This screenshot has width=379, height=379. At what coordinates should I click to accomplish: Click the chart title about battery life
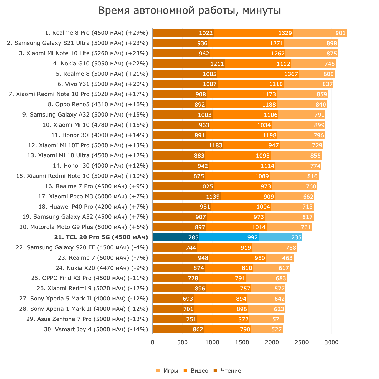(x=189, y=11)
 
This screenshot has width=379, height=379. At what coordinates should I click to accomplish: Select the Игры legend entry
(x=168, y=371)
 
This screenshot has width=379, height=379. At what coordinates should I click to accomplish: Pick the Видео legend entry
(x=196, y=371)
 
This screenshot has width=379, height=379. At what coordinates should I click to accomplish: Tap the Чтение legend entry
(x=228, y=371)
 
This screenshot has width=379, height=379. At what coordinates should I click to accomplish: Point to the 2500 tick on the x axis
(x=302, y=342)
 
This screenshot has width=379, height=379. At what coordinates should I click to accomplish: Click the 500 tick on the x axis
(x=182, y=342)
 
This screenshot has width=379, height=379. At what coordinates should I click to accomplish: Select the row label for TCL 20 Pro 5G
(x=101, y=237)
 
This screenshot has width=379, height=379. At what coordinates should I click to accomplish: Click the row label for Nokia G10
(x=100, y=64)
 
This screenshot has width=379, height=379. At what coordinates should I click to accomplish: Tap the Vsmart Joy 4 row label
(x=96, y=329)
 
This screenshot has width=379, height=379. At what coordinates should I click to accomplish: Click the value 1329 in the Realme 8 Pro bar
(x=285, y=33)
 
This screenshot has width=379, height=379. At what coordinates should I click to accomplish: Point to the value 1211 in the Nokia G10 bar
(x=217, y=64)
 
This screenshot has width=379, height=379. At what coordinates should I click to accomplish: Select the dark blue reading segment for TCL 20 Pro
(x=176, y=237)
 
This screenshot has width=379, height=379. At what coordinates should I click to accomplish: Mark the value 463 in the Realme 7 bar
(x=287, y=258)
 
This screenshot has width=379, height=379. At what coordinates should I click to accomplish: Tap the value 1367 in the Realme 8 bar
(x=291, y=74)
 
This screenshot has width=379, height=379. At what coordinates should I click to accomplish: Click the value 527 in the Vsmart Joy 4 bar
(x=276, y=330)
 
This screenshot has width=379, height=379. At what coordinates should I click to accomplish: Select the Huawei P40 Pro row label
(x=93, y=207)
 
